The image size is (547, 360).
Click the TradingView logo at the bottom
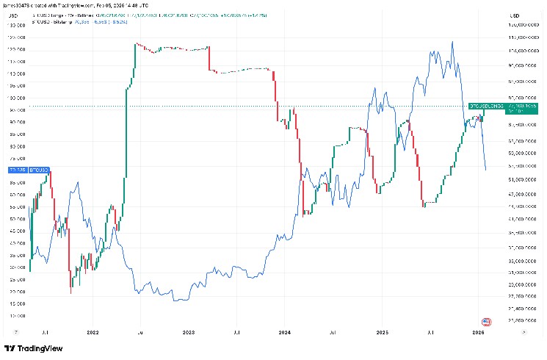pos(32,348)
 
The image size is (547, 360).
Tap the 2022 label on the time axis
pos(94,332)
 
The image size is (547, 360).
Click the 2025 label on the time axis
pos(382,332)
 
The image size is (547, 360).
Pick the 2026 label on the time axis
pos(477,332)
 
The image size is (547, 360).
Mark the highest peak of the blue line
pos(452,42)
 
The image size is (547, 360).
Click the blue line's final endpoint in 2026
pos(486,170)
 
